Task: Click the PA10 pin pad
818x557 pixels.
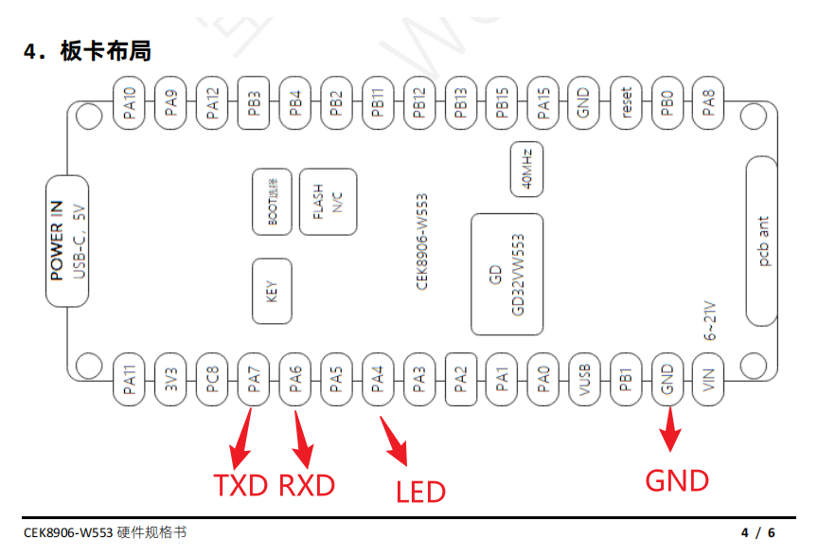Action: (x=130, y=101)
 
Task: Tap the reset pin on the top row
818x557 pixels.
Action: (x=625, y=101)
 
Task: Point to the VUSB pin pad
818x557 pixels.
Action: (x=584, y=381)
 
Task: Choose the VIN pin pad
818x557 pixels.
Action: (x=708, y=381)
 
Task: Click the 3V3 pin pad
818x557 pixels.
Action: (x=171, y=381)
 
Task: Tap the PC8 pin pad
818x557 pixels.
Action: (x=213, y=381)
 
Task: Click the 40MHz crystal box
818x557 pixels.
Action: (x=527, y=169)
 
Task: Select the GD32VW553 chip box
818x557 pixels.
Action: (x=507, y=274)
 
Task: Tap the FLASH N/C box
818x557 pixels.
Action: (x=328, y=201)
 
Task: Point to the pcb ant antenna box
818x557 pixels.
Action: (x=764, y=241)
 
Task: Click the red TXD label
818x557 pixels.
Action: (x=240, y=486)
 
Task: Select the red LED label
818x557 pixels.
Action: (x=420, y=492)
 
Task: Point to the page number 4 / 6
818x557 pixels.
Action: (x=757, y=533)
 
